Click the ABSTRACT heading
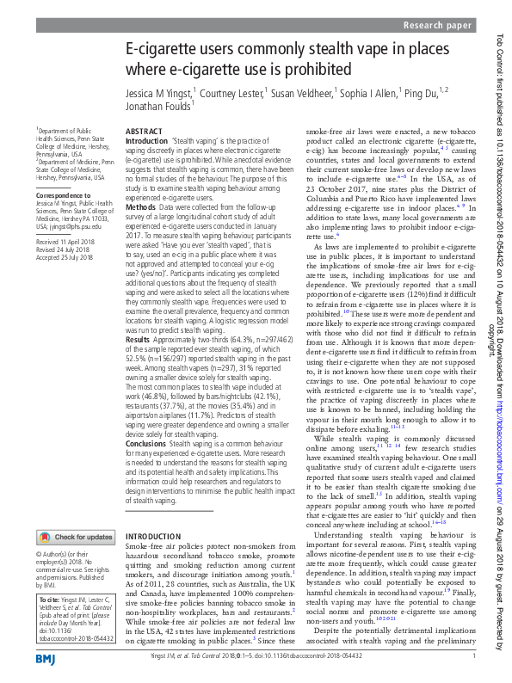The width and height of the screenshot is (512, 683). pos(144,131)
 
